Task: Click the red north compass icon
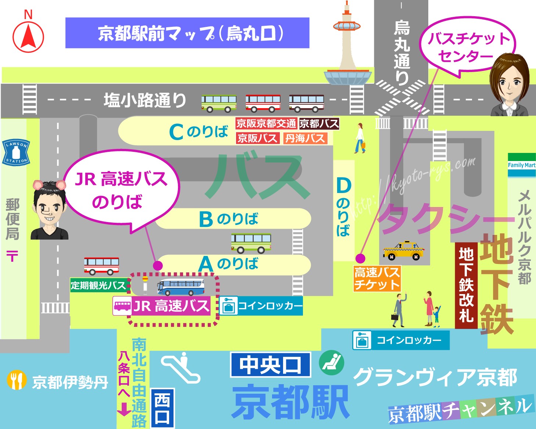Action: tap(28, 37)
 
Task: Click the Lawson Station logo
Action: tap(16, 152)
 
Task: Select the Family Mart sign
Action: tap(522, 165)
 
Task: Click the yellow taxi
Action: tap(403, 251)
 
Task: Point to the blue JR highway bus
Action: tap(181, 287)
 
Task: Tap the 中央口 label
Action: tap(271, 365)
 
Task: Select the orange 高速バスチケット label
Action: tap(377, 279)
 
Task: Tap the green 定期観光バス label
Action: tap(98, 285)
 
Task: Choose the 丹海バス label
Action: tap(305, 138)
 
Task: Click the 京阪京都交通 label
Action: tap(266, 124)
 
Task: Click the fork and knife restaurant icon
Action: tap(17, 380)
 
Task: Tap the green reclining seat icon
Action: tap(331, 362)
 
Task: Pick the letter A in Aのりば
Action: tap(206, 264)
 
